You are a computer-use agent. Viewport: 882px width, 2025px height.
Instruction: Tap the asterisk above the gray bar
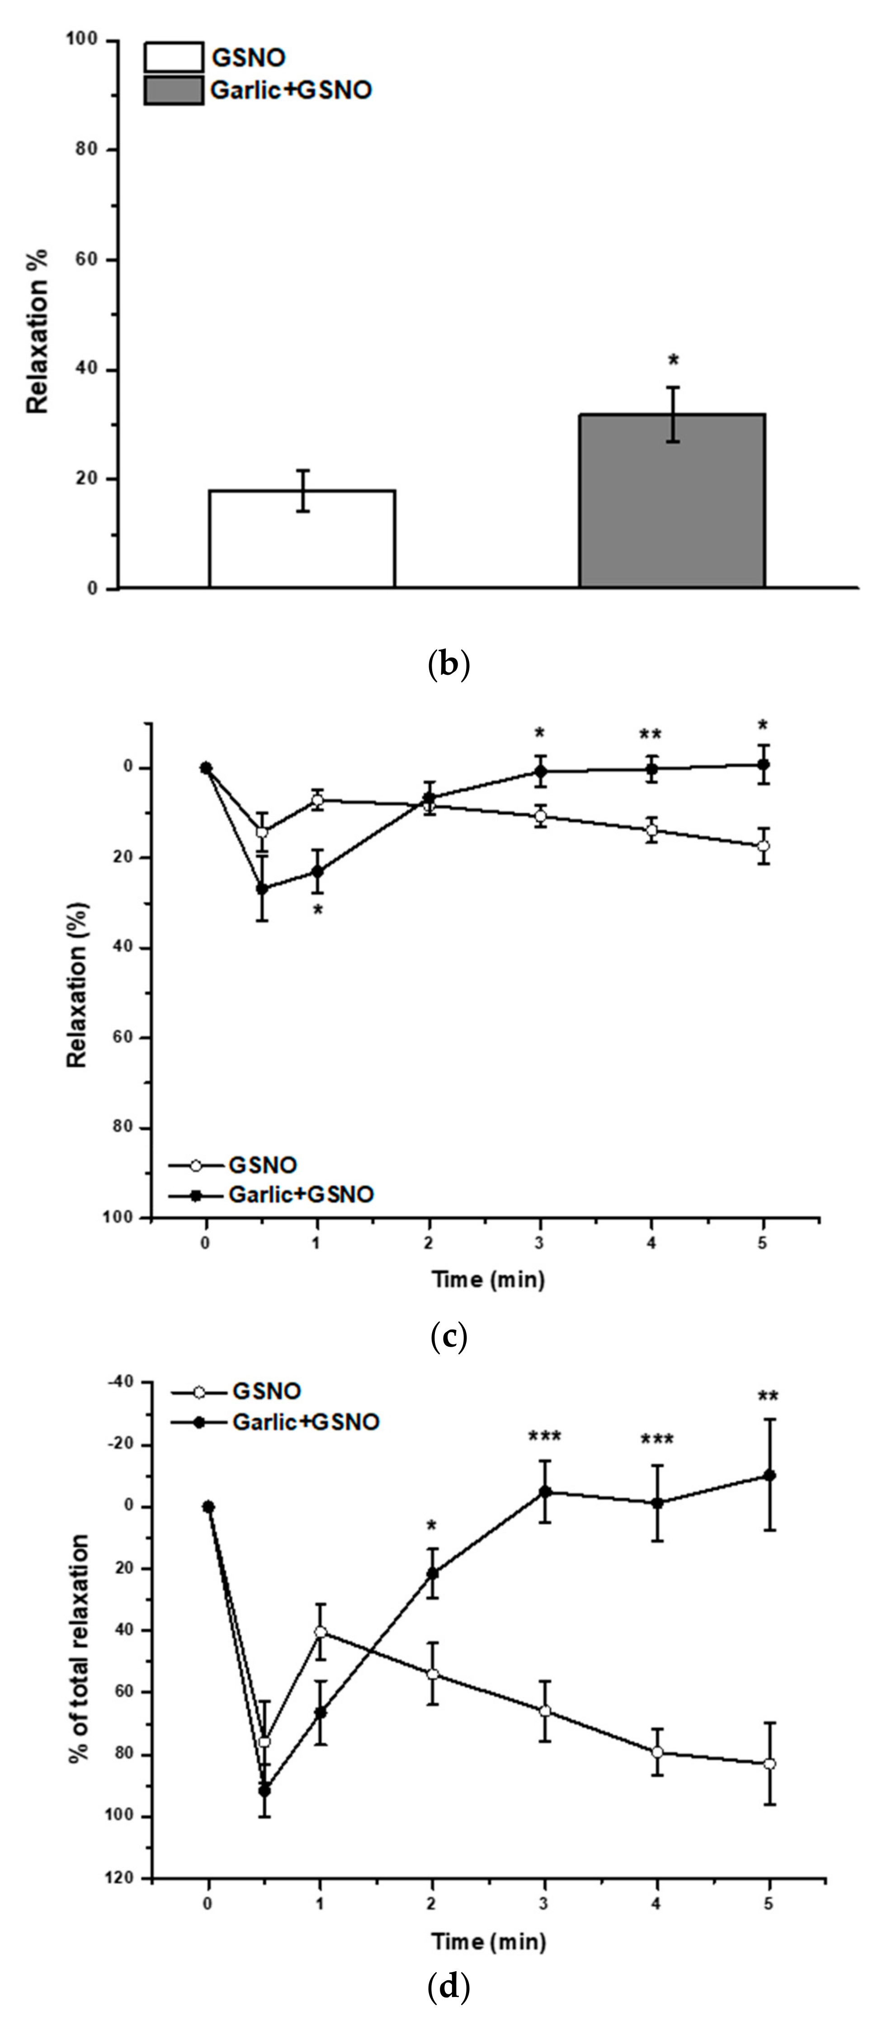coord(673,361)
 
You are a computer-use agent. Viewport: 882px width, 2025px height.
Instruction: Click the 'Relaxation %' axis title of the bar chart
coord(37,330)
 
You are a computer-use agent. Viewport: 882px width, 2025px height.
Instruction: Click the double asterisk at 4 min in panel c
coord(650,735)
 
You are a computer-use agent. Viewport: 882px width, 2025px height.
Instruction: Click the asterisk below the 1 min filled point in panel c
coord(317,911)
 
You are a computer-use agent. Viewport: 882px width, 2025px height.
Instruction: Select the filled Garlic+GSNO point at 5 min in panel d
coord(769,1476)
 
